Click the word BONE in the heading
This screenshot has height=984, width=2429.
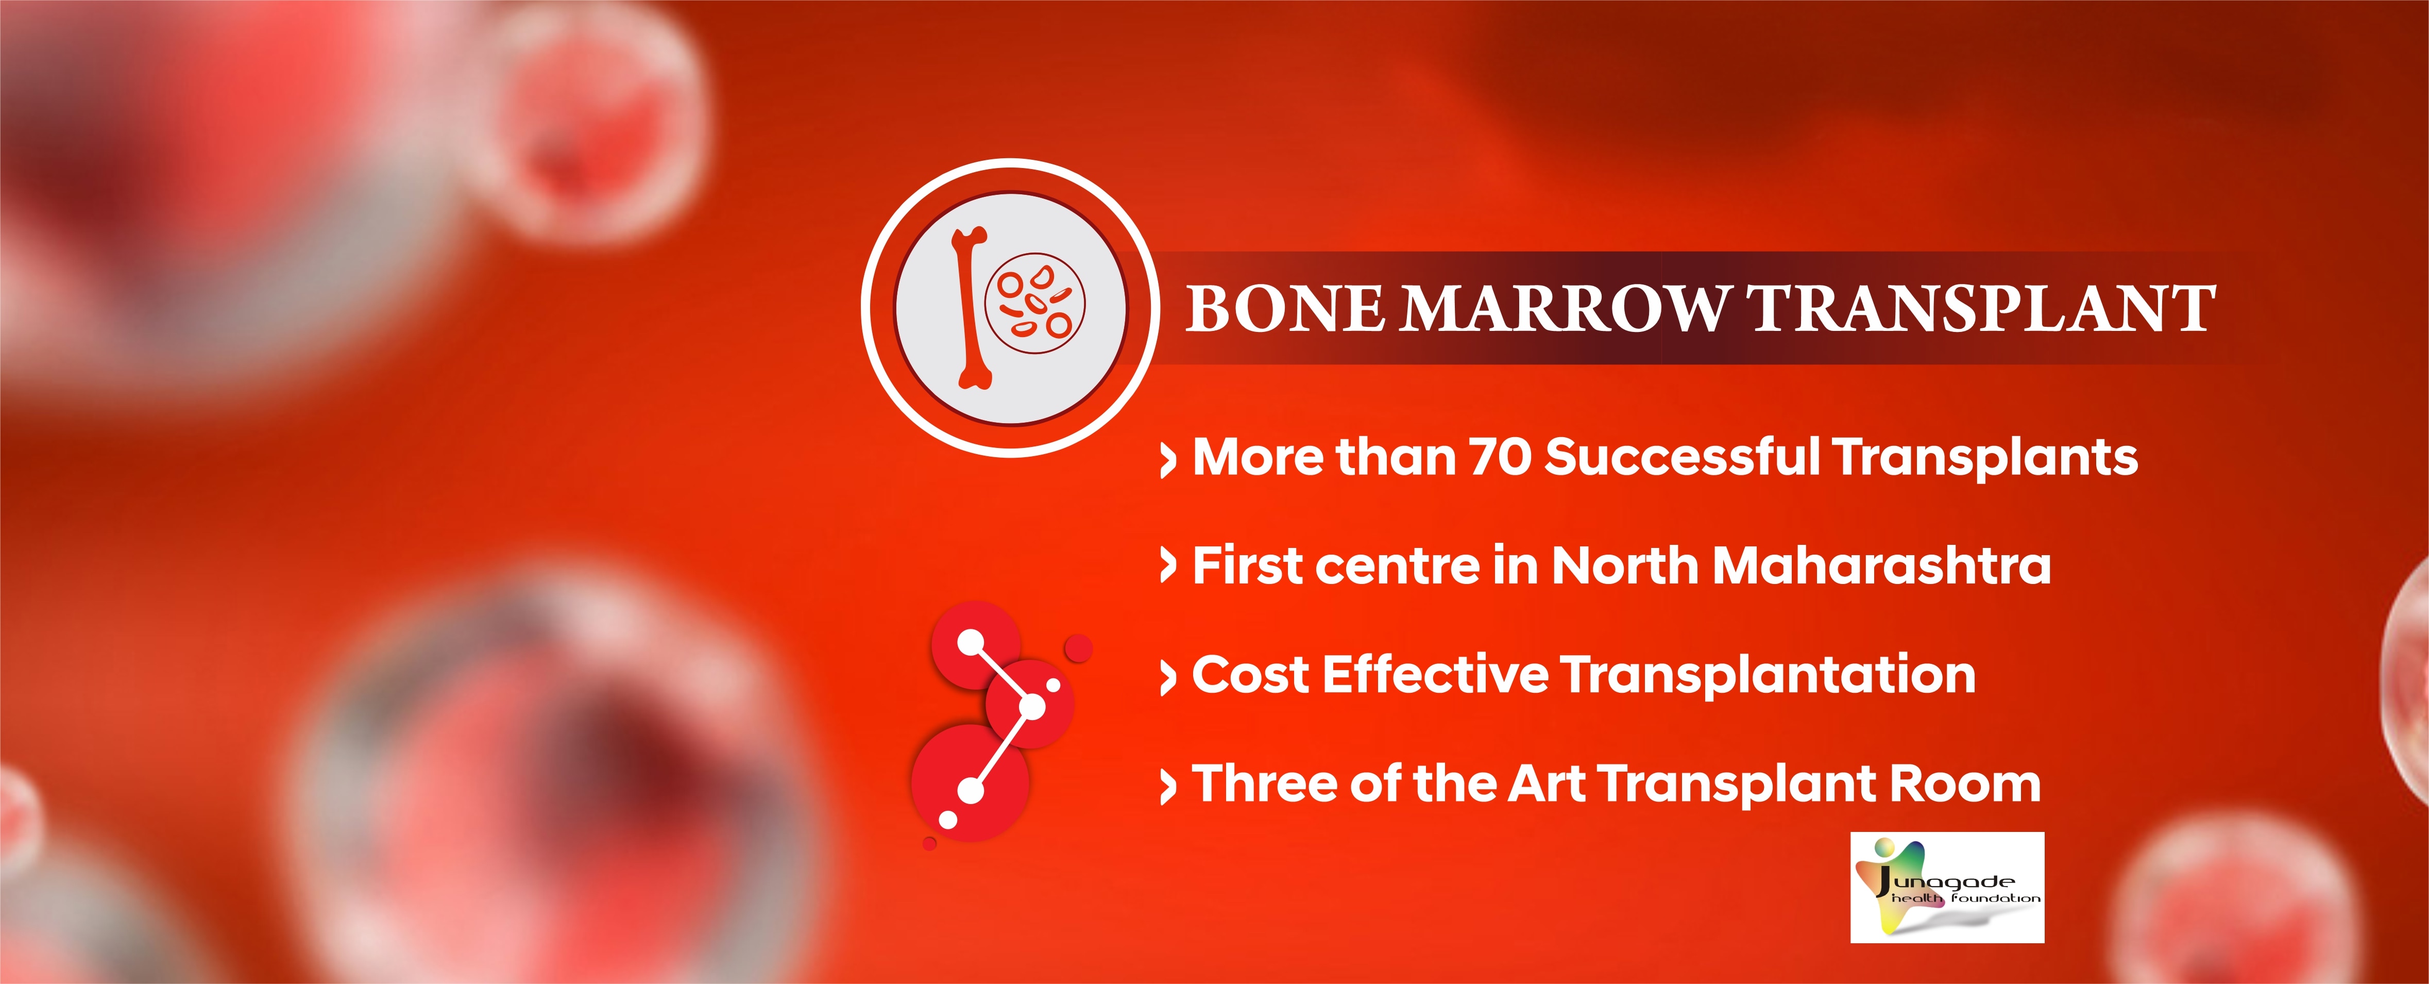tap(1284, 309)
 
